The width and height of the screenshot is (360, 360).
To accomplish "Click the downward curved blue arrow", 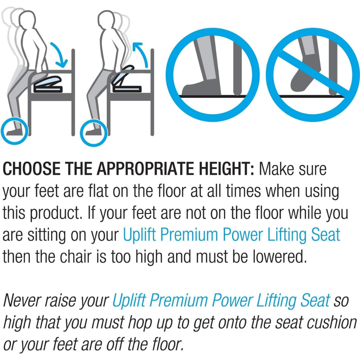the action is (x=60, y=53).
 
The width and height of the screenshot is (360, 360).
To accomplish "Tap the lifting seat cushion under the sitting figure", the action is (x=48, y=84).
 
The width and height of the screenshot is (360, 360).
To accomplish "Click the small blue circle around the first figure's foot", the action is (x=15, y=131).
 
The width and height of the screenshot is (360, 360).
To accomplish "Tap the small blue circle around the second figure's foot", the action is (x=94, y=133).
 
